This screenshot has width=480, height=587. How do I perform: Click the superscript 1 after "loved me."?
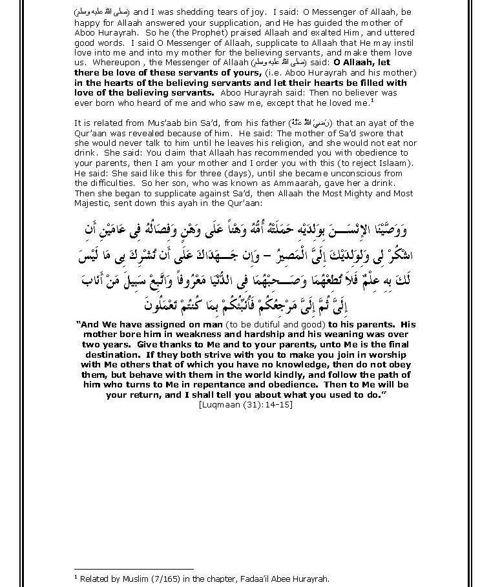pyautogui.click(x=373, y=100)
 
